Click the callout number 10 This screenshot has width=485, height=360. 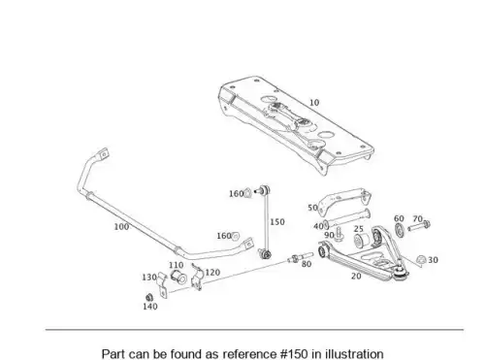click(x=314, y=103)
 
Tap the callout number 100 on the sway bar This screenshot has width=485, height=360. click(x=121, y=227)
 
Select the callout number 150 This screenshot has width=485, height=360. click(x=277, y=222)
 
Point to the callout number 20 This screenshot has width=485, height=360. click(x=356, y=277)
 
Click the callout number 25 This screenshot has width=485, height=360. click(x=359, y=229)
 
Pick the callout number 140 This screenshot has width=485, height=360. click(x=150, y=307)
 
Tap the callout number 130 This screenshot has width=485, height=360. click(x=149, y=278)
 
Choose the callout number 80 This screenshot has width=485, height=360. click(x=307, y=264)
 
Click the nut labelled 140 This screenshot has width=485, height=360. click(x=149, y=297)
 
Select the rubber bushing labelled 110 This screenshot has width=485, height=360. click(x=178, y=277)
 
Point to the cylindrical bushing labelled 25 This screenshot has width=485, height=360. click(x=361, y=240)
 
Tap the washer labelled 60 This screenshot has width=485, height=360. click(x=400, y=230)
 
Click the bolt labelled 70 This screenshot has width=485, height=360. click(x=419, y=226)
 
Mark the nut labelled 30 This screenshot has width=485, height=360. click(x=421, y=260)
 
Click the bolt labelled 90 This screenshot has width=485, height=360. click(x=339, y=234)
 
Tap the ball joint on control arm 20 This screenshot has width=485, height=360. click(x=401, y=271)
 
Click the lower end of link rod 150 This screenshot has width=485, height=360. click(x=266, y=254)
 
